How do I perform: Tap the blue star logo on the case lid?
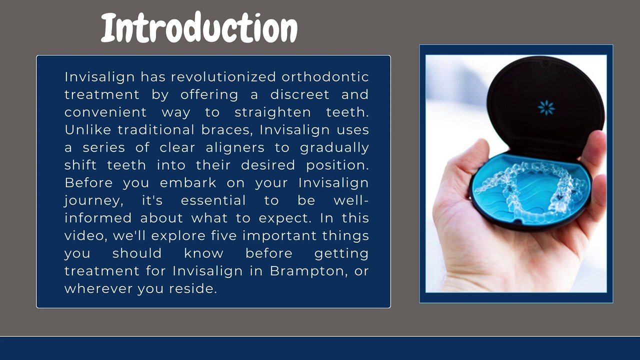(546, 107)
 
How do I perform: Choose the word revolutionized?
(223, 77)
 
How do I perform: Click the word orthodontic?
(325, 77)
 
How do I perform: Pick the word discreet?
(299, 94)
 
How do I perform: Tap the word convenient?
(105, 112)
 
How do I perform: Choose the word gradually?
(334, 147)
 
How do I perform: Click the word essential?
(213, 200)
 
